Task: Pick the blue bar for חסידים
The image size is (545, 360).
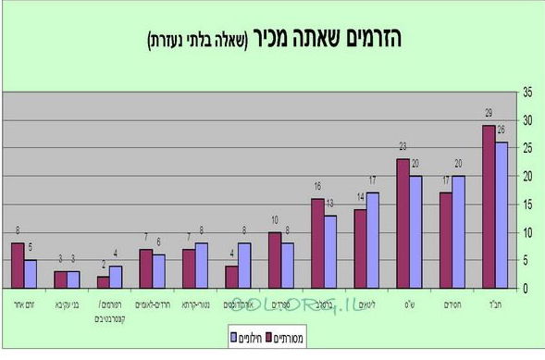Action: (459, 231)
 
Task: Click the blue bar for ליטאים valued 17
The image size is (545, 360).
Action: (372, 240)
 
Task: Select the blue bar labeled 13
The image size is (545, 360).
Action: (330, 251)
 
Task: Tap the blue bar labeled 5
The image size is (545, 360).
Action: (31, 274)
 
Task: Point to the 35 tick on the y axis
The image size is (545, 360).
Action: (528, 92)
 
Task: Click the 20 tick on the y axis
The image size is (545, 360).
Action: (528, 176)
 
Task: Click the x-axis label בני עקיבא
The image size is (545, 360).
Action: (68, 302)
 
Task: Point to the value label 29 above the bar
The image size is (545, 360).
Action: (489, 113)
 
